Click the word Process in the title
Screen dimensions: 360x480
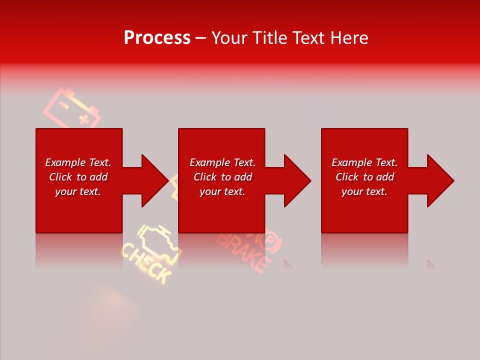point(157,38)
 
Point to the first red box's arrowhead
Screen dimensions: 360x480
point(153,180)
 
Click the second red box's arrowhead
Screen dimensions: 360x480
point(296,180)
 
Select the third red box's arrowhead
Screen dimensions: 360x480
point(439,180)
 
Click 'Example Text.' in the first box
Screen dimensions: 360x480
point(78,162)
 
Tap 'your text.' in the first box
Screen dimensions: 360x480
point(78,191)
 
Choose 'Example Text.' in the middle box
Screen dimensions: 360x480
point(222,162)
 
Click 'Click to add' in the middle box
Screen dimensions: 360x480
point(222,177)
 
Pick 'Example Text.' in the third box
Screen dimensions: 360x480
point(364,162)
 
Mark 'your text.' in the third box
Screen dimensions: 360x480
point(364,191)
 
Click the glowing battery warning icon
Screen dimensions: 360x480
point(72,108)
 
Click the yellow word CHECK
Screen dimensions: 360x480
point(146,263)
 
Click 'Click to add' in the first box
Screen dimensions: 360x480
point(78,177)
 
